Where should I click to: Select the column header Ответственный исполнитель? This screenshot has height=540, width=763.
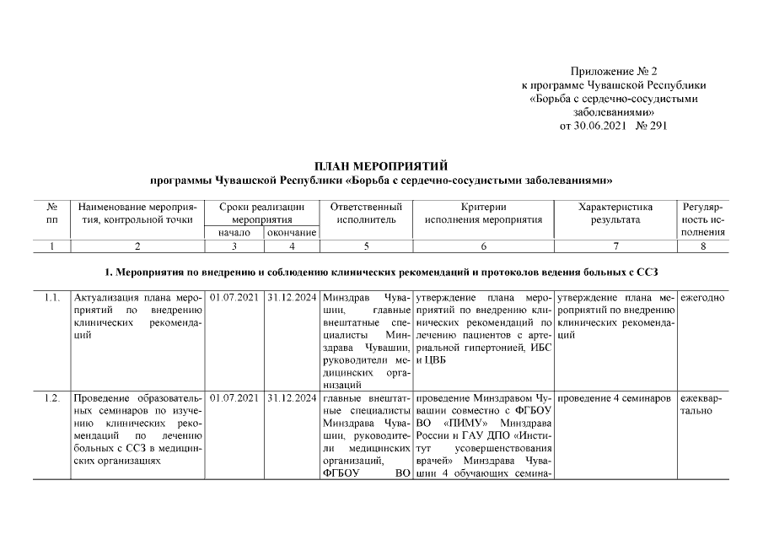tap(366, 213)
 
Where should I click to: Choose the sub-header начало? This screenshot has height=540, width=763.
tap(234, 232)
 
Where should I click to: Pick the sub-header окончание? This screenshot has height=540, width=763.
tap(292, 232)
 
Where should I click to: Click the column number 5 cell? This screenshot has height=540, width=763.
tap(366, 246)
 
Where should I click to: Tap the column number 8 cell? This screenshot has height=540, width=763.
tap(703, 246)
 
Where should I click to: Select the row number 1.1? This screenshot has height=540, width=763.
tap(51, 298)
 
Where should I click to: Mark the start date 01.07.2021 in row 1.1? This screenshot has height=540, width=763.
tap(234, 298)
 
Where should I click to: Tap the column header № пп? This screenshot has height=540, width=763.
tap(51, 213)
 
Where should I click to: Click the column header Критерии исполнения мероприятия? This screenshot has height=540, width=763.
tap(483, 213)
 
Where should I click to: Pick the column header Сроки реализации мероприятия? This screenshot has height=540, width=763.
tap(262, 213)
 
